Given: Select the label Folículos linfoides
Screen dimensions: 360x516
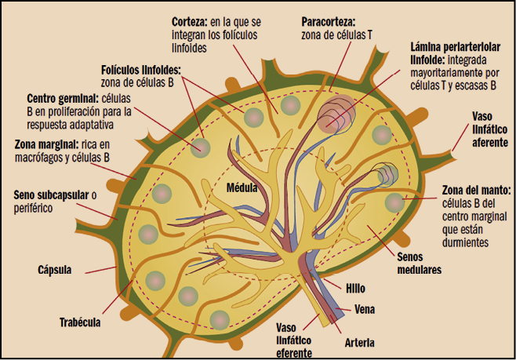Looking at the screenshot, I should pyautogui.click(x=140, y=70).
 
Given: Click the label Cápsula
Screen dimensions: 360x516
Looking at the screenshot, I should pyautogui.click(x=56, y=271).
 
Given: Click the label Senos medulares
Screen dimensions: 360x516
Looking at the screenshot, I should pyautogui.click(x=420, y=262).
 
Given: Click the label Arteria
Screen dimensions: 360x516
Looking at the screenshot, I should pyautogui.click(x=358, y=343).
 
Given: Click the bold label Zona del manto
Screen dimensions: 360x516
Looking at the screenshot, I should pyautogui.click(x=475, y=190).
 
